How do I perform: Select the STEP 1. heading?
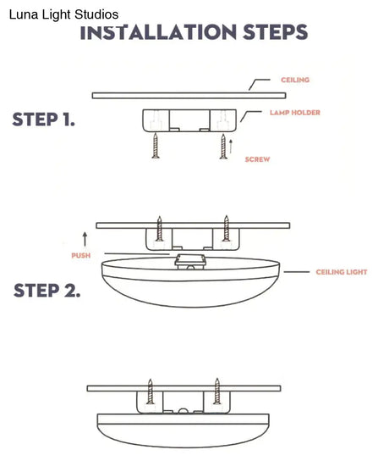(x=43, y=119)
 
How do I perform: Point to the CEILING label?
(x=295, y=80)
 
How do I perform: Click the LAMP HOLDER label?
(x=294, y=112)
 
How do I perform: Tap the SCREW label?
(x=257, y=159)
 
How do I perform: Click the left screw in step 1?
(x=155, y=147)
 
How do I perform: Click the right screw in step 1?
(x=223, y=147)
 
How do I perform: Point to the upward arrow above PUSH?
(x=83, y=236)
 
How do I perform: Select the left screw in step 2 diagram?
(x=159, y=229)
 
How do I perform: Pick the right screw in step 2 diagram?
(x=226, y=229)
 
